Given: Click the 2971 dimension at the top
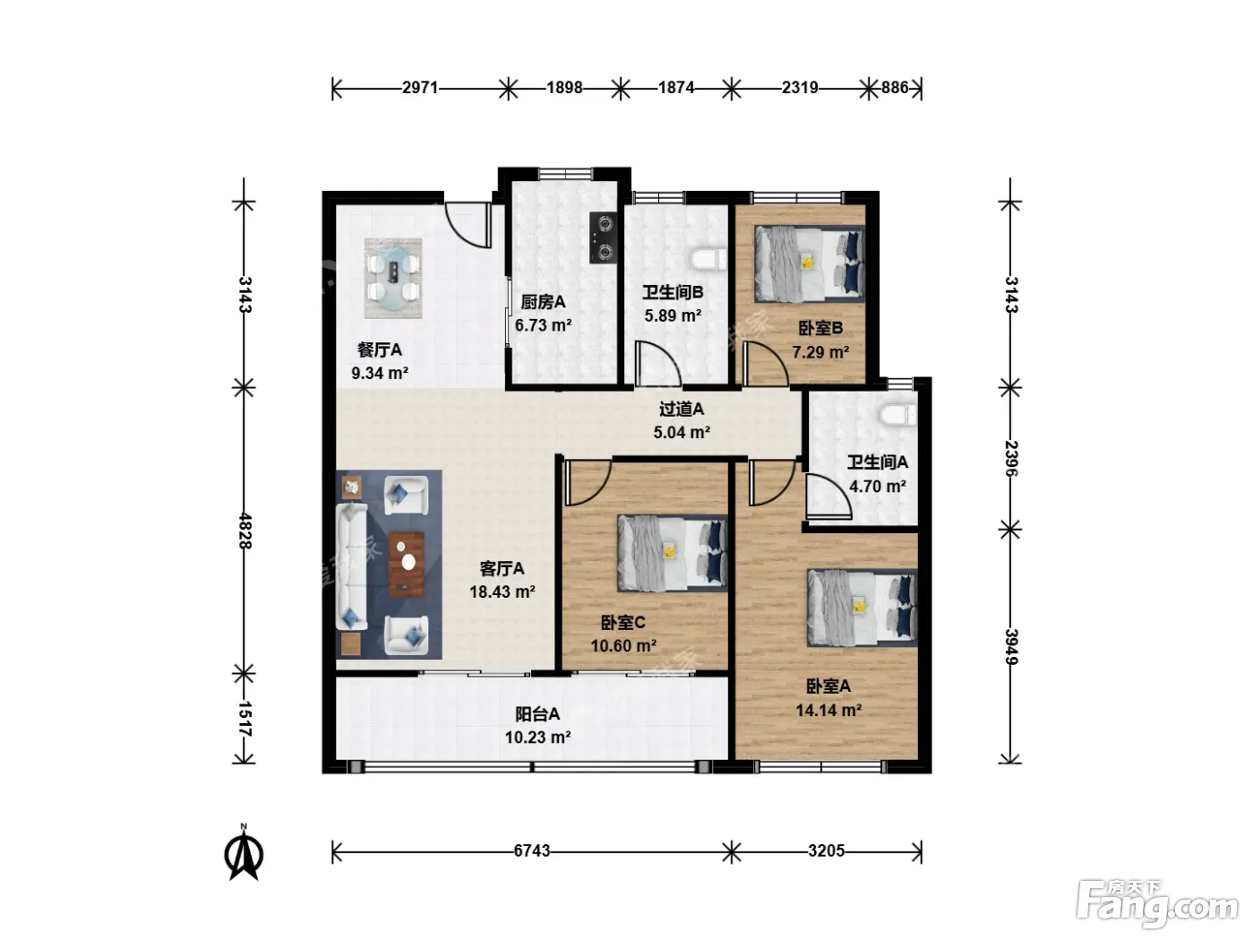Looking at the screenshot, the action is [420, 88].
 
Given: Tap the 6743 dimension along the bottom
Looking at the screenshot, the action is [531, 850].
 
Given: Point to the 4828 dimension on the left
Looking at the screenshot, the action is [245, 531].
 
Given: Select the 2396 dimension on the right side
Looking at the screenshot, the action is [1010, 458].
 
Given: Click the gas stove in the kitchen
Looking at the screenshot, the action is [604, 237].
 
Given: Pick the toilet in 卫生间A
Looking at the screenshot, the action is [898, 415].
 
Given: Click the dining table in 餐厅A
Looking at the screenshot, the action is [393, 278].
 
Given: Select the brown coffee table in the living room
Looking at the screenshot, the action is [407, 564].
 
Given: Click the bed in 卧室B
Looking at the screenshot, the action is [809, 263].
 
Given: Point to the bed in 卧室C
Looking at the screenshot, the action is [672, 553].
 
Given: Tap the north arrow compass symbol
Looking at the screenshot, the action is [244, 851].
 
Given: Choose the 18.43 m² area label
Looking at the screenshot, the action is [502, 591].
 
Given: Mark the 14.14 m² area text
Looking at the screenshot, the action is [829, 710].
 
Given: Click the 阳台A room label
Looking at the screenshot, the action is [537, 713].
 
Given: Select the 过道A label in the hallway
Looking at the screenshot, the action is [682, 409].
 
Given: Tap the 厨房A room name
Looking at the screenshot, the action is [543, 301].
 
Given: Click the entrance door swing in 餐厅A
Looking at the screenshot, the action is [468, 225].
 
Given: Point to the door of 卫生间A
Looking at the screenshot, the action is [828, 497].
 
